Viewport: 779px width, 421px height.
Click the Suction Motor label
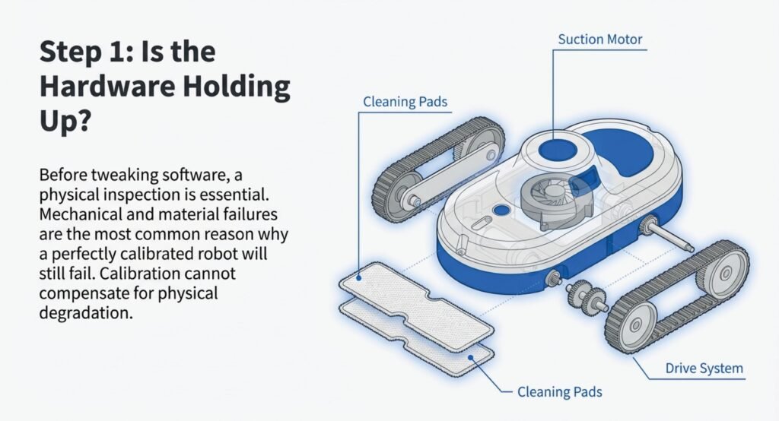click(x=601, y=39)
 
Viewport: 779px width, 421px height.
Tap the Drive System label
click(x=703, y=369)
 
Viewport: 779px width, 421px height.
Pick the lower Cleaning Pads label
click(x=559, y=392)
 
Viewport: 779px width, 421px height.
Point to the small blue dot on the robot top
click(x=500, y=209)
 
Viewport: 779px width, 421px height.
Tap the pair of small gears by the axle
click(x=585, y=295)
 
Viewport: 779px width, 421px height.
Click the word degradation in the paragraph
click(x=86, y=312)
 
